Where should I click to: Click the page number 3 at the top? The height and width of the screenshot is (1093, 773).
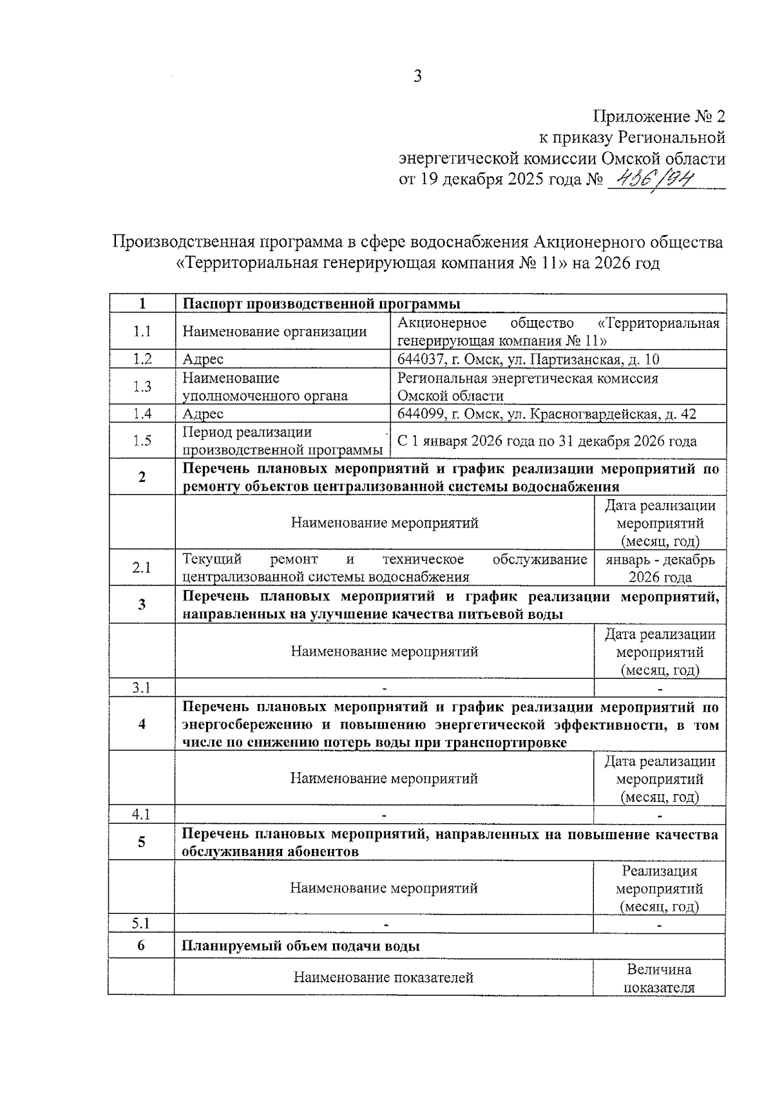point(417,77)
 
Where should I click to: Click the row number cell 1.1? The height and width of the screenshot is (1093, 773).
point(142,331)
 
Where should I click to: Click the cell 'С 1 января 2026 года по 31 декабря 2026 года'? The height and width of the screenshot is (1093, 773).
point(547,441)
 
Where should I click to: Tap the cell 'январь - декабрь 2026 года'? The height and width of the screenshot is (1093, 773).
point(660,568)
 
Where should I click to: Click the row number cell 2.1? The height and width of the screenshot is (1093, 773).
point(142,567)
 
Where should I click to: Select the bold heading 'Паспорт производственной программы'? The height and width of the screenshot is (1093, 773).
point(321,303)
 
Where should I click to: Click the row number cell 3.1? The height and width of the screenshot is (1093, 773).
point(142,687)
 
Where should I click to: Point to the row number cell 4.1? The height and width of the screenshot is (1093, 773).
point(142,814)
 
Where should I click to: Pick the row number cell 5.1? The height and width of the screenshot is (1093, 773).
point(142,923)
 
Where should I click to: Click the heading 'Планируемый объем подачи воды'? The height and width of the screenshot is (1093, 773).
point(301,946)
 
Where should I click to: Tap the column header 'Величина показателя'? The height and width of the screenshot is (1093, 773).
point(659,978)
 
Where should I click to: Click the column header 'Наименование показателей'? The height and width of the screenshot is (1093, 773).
point(383,978)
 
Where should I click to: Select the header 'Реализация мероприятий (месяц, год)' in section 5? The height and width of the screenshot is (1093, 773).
point(659,889)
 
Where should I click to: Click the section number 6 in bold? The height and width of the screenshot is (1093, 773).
point(142,946)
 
